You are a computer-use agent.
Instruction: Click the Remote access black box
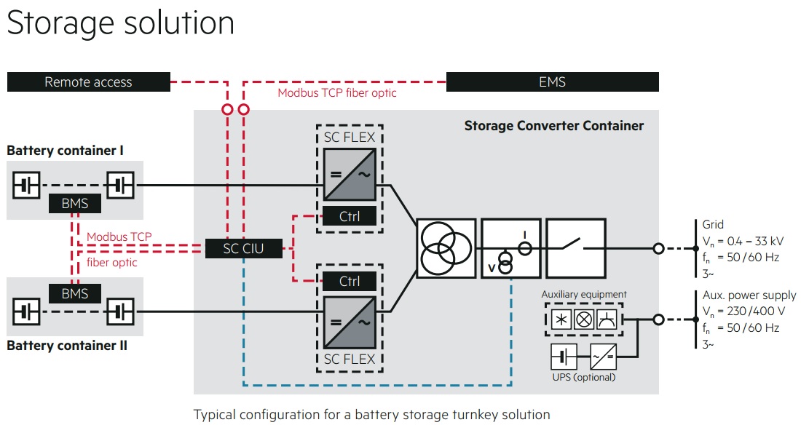tap(88, 82)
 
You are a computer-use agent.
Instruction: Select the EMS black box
tap(552, 82)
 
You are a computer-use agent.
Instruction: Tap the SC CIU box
tap(244, 249)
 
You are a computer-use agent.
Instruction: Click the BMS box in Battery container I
tap(75, 204)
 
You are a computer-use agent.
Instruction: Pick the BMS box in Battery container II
tap(75, 294)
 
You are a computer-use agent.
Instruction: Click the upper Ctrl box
tap(350, 216)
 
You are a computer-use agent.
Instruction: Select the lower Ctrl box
tap(350, 282)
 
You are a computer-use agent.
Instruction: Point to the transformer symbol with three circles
tap(445, 249)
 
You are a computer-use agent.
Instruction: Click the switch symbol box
tap(575, 248)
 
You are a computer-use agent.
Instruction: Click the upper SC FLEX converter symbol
tap(350, 174)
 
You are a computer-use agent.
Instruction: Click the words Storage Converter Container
tap(554, 126)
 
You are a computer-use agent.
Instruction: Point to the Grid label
tap(714, 225)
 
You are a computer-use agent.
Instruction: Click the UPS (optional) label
tap(583, 377)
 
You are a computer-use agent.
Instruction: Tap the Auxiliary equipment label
tap(584, 295)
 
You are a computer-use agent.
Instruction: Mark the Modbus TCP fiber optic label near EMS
tap(337, 93)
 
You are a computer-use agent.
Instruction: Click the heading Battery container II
tap(67, 346)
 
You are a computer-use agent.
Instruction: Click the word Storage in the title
tap(63, 23)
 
